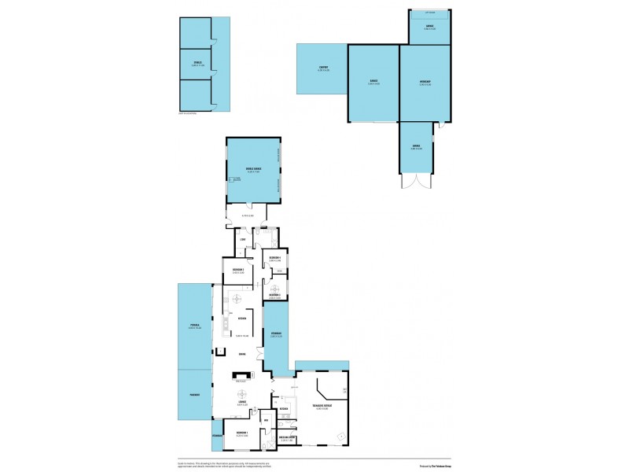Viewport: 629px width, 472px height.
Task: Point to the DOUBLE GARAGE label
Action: (253, 168)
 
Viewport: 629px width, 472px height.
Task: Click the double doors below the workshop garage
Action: (416, 182)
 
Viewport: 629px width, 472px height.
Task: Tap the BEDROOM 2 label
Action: (238, 271)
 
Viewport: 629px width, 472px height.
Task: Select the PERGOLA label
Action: (194, 325)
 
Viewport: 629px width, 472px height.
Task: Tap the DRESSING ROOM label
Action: (286, 437)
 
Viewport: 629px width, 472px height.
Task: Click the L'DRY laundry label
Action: (244, 239)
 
